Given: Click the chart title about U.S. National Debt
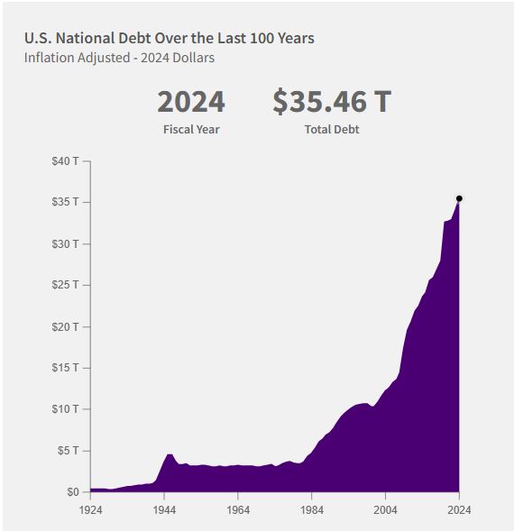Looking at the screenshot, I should coord(170,38).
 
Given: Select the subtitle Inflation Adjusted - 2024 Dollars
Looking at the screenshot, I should coord(119,58).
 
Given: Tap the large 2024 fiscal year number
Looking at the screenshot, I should coord(191,102).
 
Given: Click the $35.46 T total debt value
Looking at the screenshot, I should coord(332,102).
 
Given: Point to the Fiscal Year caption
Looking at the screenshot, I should coord(191,129).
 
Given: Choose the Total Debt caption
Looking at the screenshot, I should coord(332,129).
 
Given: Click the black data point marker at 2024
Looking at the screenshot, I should coord(459,198).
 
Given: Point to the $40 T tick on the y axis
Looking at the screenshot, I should coord(66,161).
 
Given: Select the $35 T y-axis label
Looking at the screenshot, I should coord(66,202).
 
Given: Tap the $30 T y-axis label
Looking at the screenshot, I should coord(66,243).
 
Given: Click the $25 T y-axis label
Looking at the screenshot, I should coord(66,285).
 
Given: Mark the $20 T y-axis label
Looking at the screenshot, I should coord(66,326).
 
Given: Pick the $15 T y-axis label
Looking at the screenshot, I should coord(66,368).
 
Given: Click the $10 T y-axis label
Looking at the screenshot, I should coord(66,409).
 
